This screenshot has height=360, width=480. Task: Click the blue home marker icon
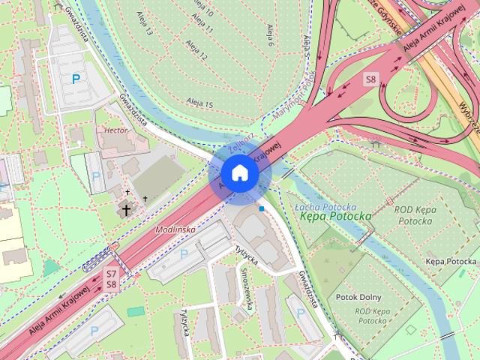click(x=239, y=172)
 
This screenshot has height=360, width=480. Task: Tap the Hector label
click(x=117, y=130)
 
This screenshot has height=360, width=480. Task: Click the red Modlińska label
click(x=175, y=229)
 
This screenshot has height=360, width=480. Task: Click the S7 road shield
click(x=111, y=274)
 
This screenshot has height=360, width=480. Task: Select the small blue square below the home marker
click(x=261, y=208)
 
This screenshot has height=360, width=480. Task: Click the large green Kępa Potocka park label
click(x=334, y=216)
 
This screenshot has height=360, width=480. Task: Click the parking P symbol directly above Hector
click(x=75, y=78)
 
